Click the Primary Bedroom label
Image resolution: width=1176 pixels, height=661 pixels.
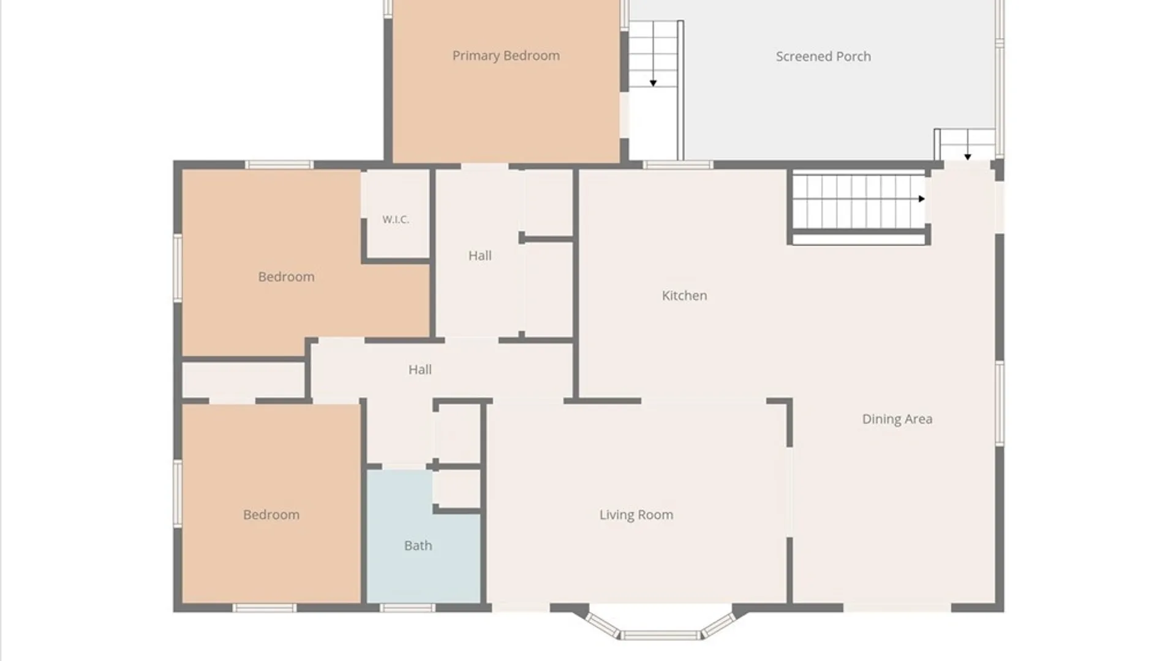506,56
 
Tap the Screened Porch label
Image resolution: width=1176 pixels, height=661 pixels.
823,56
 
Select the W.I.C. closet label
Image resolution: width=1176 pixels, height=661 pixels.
396,219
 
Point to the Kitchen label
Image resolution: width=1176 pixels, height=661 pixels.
684,296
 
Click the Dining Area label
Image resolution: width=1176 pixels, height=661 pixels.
897,419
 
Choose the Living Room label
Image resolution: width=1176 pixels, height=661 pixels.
636,515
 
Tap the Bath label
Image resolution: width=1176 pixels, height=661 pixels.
418,545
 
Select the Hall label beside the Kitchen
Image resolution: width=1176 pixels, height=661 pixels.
480,256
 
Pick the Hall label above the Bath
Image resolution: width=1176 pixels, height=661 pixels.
420,370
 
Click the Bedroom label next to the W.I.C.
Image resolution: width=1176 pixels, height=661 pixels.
286,277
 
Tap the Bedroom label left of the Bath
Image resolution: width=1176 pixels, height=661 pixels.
271,515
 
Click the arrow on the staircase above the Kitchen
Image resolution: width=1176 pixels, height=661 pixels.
922,199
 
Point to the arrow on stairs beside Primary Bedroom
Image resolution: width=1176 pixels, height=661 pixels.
654,83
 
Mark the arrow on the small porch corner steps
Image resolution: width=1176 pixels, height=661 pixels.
968,157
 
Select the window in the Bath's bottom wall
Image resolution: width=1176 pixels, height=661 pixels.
407,608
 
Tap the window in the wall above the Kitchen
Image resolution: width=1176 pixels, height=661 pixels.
678,165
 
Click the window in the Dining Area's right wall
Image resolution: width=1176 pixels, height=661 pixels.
1000,403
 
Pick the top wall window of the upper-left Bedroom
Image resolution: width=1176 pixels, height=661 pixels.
279,165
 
